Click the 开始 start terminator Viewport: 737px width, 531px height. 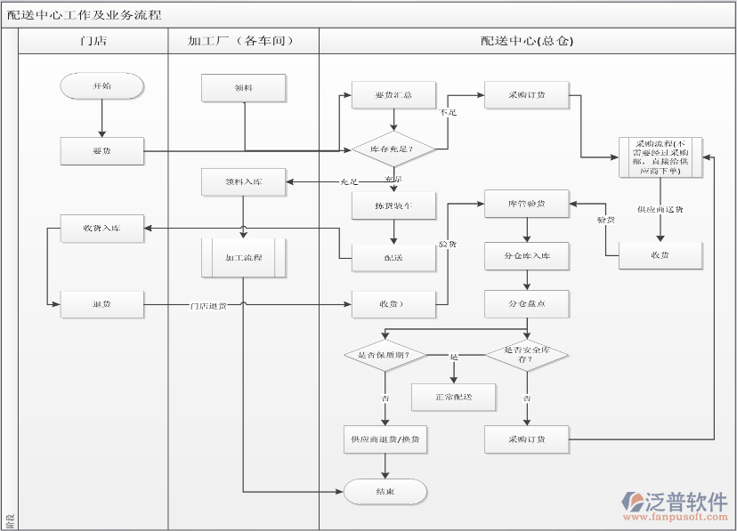[101, 85]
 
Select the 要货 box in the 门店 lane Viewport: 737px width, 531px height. [101, 150]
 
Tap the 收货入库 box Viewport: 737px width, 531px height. [101, 228]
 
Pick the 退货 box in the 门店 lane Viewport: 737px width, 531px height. [101, 304]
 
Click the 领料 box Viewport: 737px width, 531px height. [243, 87]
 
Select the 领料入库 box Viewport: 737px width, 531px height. [243, 182]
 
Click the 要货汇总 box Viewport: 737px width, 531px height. [393, 94]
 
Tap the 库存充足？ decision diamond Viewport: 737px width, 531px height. [393, 148]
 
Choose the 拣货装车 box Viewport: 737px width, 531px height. [393, 205]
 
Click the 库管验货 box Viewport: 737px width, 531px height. [526, 204]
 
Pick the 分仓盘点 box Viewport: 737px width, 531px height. [526, 303]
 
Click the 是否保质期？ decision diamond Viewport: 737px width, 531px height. [385, 355]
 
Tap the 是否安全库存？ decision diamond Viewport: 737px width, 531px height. [526, 355]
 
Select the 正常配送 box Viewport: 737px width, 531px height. [453, 397]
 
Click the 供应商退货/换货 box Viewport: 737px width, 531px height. [385, 438]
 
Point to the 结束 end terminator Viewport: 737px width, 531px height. [385, 491]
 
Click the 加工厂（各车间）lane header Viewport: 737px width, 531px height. [242, 41]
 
